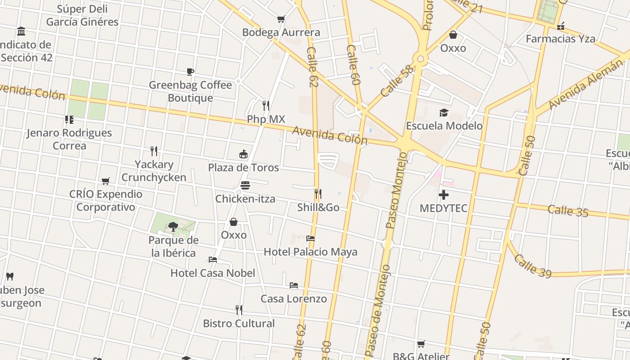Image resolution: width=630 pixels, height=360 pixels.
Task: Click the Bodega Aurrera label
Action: (281, 32)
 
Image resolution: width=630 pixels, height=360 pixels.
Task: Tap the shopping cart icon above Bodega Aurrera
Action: (281, 19)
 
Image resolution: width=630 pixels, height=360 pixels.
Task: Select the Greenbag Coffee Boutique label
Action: (190, 91)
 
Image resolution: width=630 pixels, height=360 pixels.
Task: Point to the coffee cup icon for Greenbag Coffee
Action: (190, 72)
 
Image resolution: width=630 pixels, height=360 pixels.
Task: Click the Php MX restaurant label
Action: (266, 119)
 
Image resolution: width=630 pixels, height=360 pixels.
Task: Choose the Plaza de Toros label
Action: (243, 167)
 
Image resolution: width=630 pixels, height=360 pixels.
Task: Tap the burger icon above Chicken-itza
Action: (245, 185)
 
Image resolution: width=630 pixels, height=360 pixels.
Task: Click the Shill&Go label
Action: (318, 207)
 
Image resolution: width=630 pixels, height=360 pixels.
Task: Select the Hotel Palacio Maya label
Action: (310, 252)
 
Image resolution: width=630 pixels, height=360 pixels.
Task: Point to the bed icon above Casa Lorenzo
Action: (294, 285)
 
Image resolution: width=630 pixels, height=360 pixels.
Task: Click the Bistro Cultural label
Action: (239, 323)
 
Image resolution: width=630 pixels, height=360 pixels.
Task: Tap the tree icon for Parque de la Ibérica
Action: (173, 226)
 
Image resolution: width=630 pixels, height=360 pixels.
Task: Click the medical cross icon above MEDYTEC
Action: (444, 195)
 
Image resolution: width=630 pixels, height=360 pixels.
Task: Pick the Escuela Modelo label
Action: (444, 126)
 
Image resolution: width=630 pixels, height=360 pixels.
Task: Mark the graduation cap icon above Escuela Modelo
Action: (444, 112)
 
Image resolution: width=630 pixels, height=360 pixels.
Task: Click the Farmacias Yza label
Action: (560, 39)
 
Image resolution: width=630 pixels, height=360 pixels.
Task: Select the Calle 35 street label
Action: (568, 211)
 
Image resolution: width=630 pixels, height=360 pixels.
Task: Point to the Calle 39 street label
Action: (532, 265)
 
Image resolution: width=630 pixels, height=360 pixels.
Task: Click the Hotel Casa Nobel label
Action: (213, 273)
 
